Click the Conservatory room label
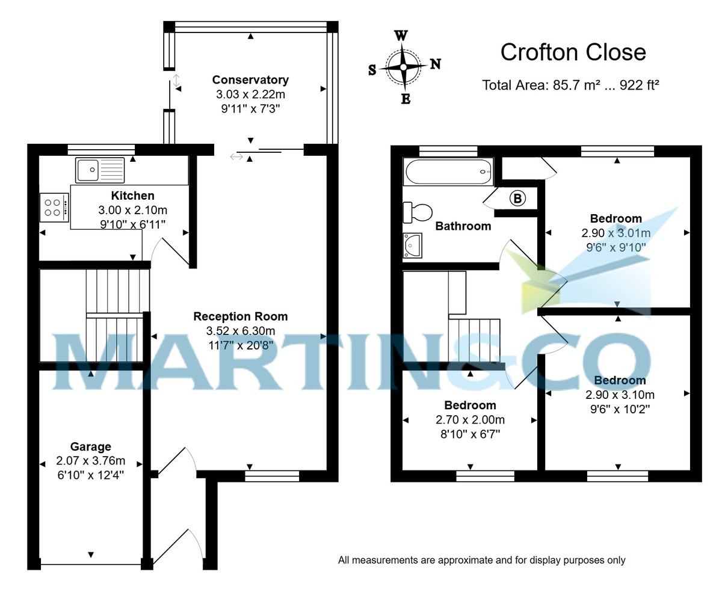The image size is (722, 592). point(250,80)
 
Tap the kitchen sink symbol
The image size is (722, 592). point(100,170)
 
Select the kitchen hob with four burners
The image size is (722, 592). point(54,208)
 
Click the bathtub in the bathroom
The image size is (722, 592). point(449,172)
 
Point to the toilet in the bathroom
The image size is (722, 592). point(418,212)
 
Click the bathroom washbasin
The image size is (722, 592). point(413,245)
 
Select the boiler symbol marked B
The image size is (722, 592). point(517,198)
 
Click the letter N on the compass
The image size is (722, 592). point(435,64)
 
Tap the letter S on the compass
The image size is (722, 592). point(372,70)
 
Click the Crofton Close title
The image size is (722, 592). point(573,52)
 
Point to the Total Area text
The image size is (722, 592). point(570,85)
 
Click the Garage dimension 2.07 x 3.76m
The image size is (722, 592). point(91,461)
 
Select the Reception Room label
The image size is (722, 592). point(240,316)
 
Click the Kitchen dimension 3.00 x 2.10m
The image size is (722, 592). point(132,211)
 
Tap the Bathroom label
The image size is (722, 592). point(463,226)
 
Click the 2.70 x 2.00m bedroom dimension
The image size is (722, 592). point(470,420)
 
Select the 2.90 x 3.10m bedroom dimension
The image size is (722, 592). point(620,395)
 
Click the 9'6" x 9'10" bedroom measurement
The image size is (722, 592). point(616,247)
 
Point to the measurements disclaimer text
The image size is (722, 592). point(481,560)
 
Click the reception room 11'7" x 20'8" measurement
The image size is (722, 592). point(240,345)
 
